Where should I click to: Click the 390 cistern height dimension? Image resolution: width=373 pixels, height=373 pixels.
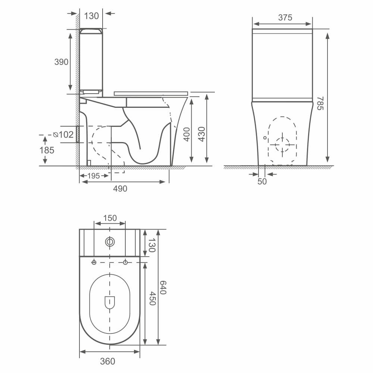[x=62, y=62]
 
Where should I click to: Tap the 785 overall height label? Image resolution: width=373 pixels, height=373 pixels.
[x=320, y=103]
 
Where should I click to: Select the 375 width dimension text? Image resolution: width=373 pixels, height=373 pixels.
[x=285, y=18]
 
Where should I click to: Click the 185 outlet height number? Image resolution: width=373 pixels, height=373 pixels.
[x=47, y=150]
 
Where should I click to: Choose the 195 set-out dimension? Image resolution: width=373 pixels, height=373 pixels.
[x=94, y=176]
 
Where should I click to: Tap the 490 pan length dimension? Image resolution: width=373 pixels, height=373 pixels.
[x=120, y=189]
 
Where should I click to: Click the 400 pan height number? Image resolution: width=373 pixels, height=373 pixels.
[x=187, y=134]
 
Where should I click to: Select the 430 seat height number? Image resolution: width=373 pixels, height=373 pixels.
[x=201, y=134]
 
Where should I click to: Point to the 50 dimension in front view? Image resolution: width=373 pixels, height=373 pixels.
[x=262, y=182]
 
